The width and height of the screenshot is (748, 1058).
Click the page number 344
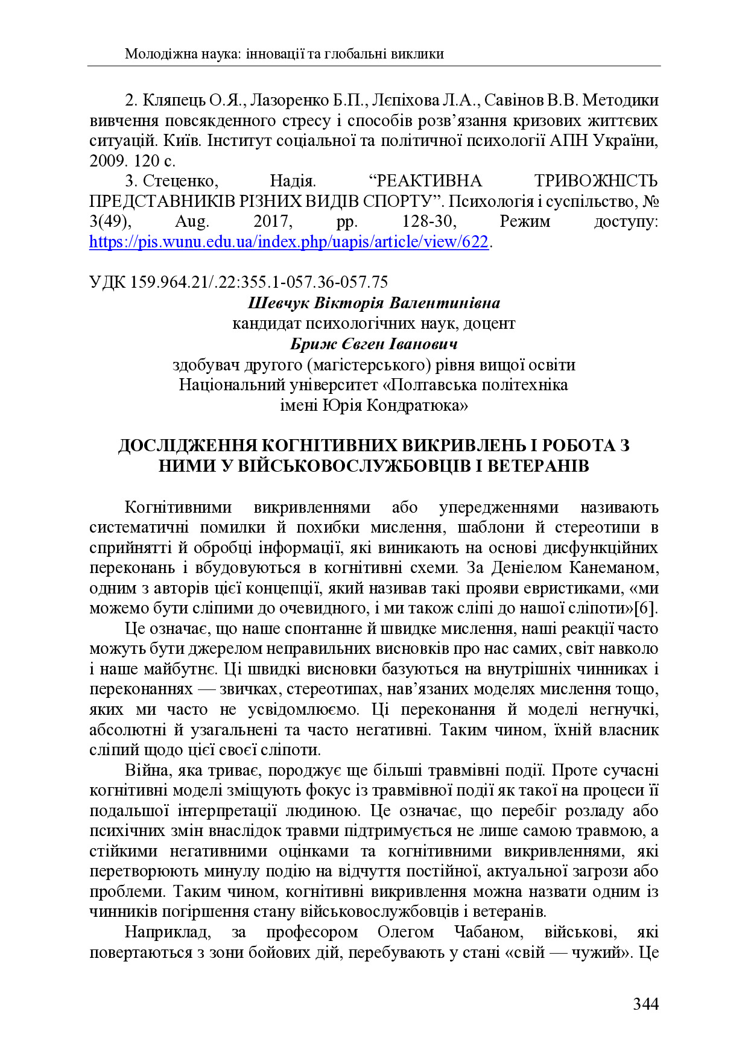(645, 1004)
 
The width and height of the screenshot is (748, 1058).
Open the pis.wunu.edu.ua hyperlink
(288, 242)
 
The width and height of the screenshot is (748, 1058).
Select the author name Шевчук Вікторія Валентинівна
(373, 303)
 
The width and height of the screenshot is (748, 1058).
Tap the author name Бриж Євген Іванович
(373, 344)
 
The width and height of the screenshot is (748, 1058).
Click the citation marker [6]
(648, 608)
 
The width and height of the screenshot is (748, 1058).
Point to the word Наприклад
(167, 932)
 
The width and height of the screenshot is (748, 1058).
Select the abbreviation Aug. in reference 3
(192, 221)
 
